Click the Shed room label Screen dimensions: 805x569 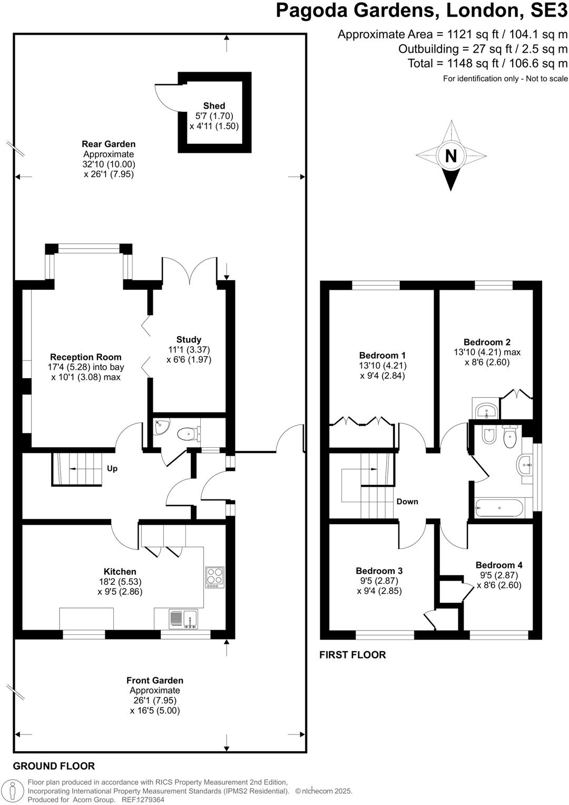pos(214,106)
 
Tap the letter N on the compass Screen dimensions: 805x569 pos(451,156)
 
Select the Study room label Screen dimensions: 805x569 pos(189,340)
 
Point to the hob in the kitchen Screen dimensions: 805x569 pos(214,577)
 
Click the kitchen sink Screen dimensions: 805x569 pos(183,619)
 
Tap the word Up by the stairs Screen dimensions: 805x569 pos(112,468)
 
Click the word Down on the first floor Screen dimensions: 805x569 pos(407,502)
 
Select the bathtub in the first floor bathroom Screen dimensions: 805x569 pos(499,509)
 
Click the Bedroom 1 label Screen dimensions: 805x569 pos(382,356)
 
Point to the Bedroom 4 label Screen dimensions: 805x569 pos(499,565)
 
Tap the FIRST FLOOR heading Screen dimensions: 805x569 pos(352,655)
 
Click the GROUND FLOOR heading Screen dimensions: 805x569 pos(54,766)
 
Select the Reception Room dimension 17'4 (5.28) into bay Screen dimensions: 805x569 pos(86,367)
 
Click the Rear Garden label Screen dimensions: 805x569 pos(109,144)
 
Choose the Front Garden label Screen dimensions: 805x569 pos(155,681)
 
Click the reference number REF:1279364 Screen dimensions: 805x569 pos(143,800)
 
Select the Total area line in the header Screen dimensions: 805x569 pos(487,63)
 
